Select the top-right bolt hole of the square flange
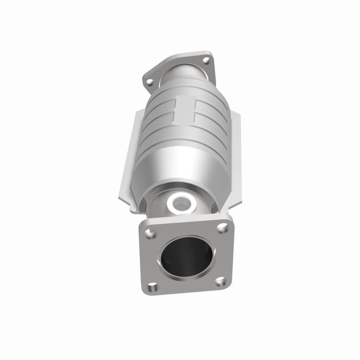click(x=220, y=229)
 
